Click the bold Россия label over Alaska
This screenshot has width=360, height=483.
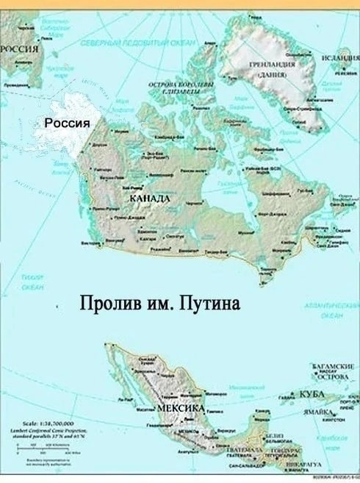click(68, 122)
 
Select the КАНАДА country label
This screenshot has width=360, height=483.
click(150, 199)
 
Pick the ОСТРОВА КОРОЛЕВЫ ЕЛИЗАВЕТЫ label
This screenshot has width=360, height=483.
click(181, 88)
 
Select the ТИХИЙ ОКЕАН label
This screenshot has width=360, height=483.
click(32, 282)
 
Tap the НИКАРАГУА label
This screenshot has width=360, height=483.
click(296, 465)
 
